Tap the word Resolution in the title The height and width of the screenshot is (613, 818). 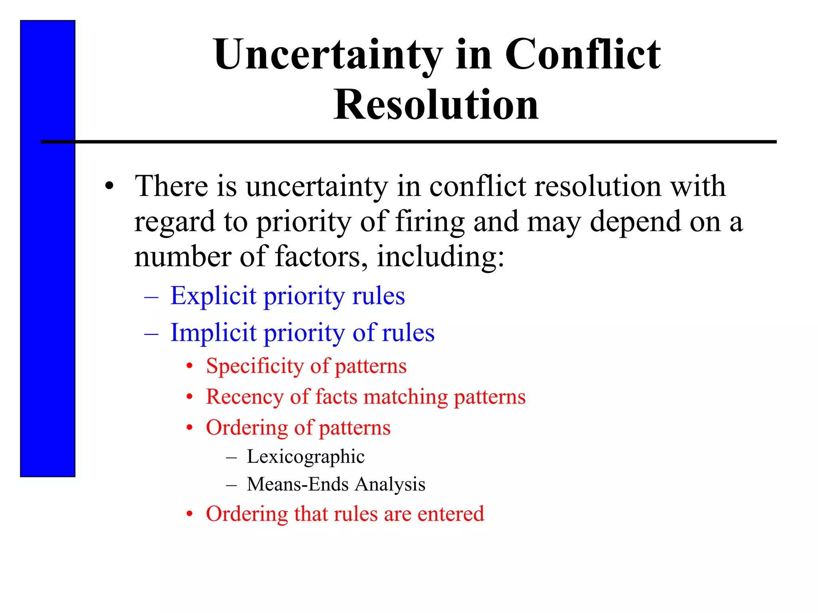coord(436,105)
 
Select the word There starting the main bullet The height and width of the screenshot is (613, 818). coord(172,186)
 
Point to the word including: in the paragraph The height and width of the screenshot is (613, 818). coord(441,256)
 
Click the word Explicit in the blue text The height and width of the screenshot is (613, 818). coord(213,296)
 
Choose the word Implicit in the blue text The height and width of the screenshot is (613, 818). coord(213,333)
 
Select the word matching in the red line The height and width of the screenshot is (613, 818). coord(406,397)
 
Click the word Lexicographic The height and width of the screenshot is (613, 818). coord(306,457)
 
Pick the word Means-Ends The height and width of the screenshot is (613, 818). coord(298,484)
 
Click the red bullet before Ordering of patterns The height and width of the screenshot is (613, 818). coord(190,428)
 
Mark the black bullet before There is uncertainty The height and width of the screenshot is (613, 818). coord(109,186)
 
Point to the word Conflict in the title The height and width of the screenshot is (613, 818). coord(583,55)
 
